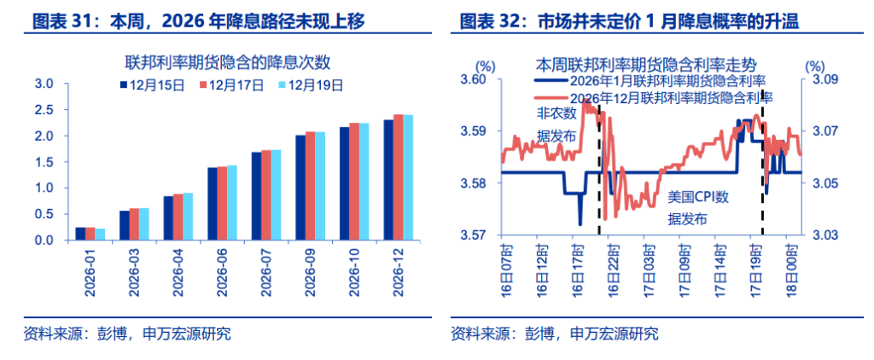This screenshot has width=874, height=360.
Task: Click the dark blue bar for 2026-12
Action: (388, 180)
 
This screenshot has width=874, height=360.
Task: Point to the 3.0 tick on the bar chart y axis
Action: (43, 84)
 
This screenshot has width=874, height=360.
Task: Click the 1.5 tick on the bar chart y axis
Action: (43, 162)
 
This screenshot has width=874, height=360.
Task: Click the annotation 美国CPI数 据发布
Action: (697, 207)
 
